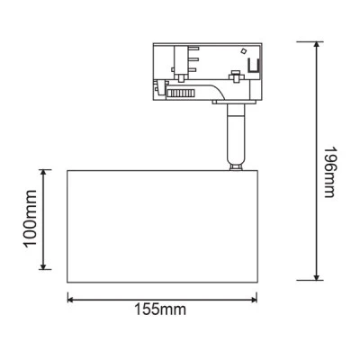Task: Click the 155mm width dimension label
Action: click(x=160, y=310)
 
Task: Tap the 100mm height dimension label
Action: click(x=31, y=219)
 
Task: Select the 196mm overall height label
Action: click(x=329, y=172)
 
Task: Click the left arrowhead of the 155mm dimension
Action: click(x=71, y=300)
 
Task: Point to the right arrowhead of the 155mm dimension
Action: click(x=254, y=300)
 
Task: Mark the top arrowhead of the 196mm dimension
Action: click(x=316, y=45)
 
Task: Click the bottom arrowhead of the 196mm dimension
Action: click(x=316, y=276)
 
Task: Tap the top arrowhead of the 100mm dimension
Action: click(x=44, y=173)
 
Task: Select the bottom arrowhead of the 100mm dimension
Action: click(x=44, y=265)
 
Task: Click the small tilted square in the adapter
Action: click(x=244, y=51)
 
